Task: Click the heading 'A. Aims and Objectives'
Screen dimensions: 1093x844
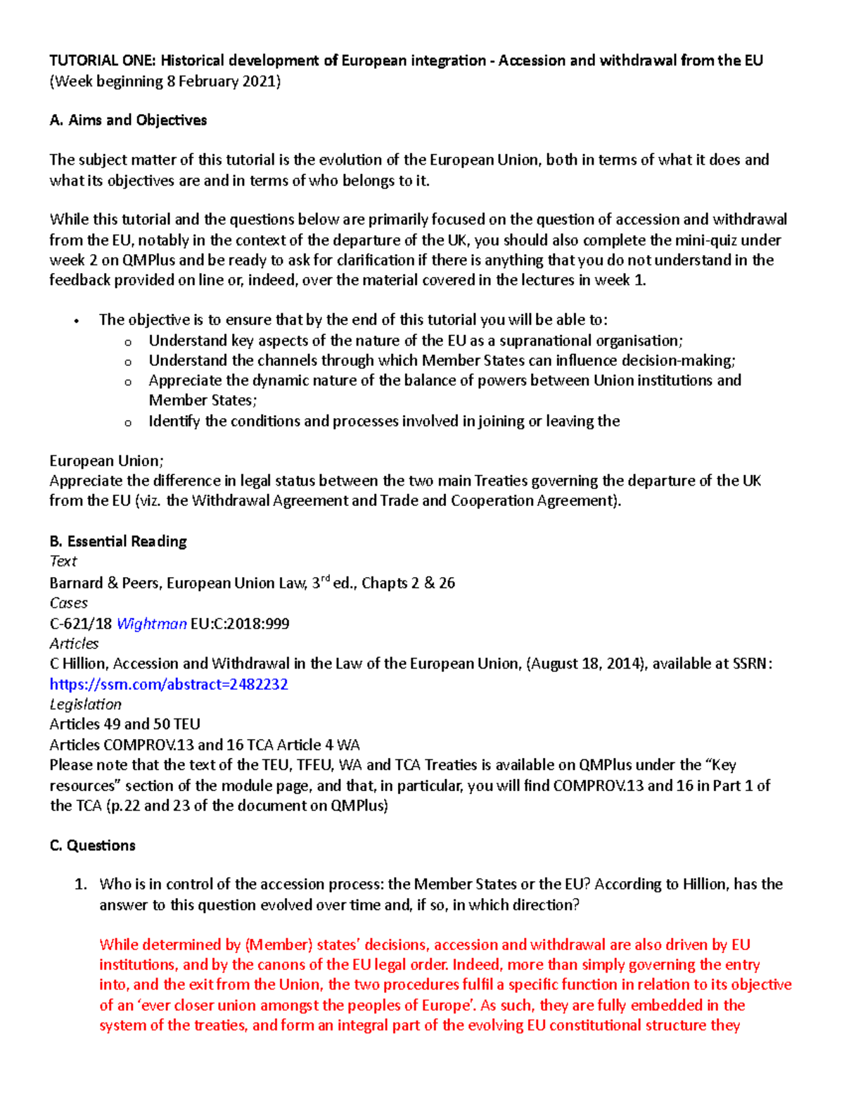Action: [x=128, y=120]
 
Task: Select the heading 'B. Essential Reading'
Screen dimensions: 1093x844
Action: [x=118, y=541]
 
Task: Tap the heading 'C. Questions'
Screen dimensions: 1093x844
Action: [x=92, y=845]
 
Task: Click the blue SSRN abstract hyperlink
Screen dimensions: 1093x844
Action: [x=169, y=684]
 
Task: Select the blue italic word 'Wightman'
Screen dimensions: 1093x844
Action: [x=151, y=624]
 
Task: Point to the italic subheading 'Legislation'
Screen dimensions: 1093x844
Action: [x=85, y=705]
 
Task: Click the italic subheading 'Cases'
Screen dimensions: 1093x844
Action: [x=68, y=603]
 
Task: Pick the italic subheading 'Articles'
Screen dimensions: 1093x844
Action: [x=74, y=643]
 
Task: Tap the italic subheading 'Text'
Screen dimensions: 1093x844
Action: [x=63, y=562]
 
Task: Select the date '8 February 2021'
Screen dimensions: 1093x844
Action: [x=222, y=82]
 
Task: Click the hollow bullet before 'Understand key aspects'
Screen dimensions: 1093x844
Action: [x=127, y=343]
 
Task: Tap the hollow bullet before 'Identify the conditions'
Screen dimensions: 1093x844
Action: [x=127, y=423]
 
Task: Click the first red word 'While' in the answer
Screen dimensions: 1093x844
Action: [x=120, y=944]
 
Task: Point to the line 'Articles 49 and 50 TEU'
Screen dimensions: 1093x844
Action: [x=124, y=724]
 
